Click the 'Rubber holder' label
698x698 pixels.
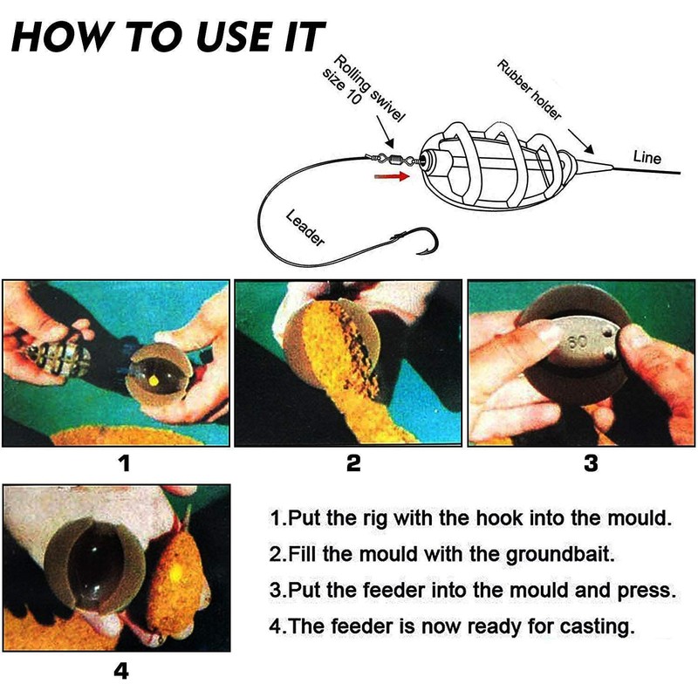click(x=529, y=90)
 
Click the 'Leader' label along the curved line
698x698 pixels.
click(x=305, y=229)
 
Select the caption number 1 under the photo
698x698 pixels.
click(x=124, y=463)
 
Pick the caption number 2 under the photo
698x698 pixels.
click(x=352, y=463)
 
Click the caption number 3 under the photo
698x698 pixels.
click(x=591, y=463)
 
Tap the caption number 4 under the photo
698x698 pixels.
click(x=121, y=671)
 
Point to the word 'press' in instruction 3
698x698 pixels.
click(x=650, y=590)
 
